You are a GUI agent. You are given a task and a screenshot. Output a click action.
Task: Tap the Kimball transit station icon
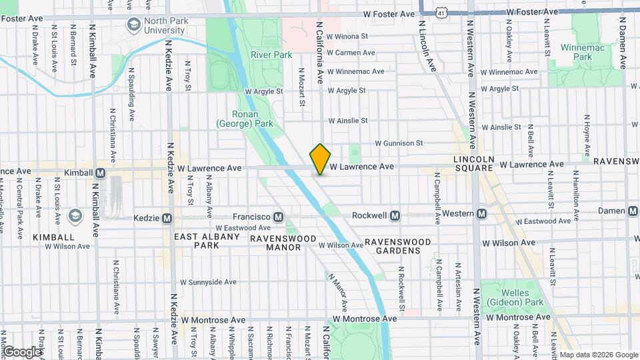101,173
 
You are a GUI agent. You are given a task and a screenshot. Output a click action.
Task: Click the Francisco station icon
278,217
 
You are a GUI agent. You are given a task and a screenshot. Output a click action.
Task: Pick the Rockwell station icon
395,215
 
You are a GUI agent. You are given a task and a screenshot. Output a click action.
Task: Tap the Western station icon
481,213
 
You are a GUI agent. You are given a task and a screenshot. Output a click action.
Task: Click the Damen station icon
633,210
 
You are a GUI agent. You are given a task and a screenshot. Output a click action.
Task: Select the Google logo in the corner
22,351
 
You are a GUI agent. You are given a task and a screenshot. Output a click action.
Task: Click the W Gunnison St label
399,143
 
